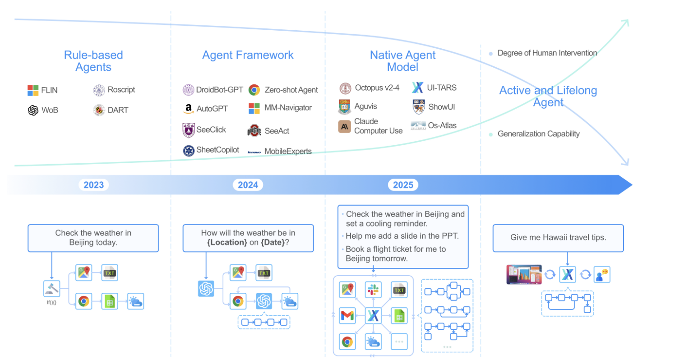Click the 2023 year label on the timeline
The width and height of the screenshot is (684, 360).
[93, 185]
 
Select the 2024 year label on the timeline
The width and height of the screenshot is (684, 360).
[248, 185]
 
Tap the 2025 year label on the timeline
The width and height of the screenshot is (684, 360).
[403, 185]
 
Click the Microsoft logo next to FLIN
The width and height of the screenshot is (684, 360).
[33, 90]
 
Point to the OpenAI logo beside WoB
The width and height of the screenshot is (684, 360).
[33, 110]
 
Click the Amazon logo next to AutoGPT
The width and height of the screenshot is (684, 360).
[189, 109]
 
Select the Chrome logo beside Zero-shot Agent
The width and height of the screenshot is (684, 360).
[254, 90]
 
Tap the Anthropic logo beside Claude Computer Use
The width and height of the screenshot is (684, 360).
[344, 126]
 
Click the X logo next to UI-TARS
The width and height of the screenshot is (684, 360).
[417, 88]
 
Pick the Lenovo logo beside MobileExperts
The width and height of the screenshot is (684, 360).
[254, 152]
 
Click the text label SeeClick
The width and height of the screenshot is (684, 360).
[211, 130]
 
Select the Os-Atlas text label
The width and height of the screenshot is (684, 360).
[442, 125]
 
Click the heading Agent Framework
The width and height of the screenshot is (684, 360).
[248, 55]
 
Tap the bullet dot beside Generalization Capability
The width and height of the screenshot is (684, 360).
[491, 134]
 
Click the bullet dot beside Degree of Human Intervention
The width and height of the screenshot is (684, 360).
[491, 54]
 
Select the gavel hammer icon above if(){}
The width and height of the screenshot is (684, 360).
[51, 289]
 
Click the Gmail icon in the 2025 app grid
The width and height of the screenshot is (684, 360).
[347, 316]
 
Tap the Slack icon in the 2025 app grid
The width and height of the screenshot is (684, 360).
[373, 290]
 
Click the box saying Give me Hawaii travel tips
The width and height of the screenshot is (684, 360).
[558, 238]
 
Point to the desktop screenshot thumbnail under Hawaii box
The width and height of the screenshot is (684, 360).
[524, 274]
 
